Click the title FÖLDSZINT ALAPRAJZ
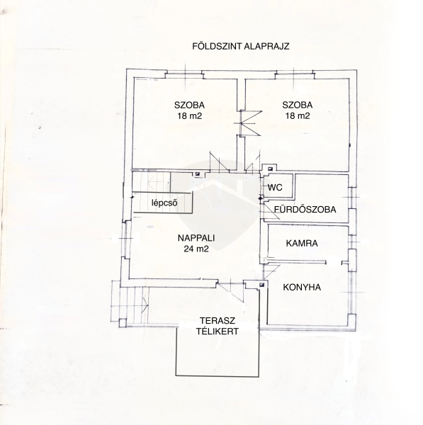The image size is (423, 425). click(241, 46)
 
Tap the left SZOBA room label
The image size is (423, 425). click(189, 105)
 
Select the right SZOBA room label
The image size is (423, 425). click(297, 105)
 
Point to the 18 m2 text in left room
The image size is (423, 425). click(190, 116)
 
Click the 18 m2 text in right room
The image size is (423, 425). click(298, 116)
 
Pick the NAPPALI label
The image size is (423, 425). click(196, 238)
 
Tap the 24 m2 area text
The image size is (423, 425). click(196, 249)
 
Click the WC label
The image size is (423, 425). click(275, 187)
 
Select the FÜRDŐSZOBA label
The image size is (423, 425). click(305, 209)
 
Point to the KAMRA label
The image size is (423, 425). click(302, 243)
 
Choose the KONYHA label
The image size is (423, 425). click(302, 288)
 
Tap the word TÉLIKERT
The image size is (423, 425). click(218, 331)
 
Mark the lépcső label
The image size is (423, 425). click(164, 203)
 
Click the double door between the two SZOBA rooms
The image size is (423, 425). click(251, 123)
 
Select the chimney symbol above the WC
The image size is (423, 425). click(270, 169)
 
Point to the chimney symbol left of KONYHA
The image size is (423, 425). click(261, 284)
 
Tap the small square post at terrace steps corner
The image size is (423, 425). click(123, 323)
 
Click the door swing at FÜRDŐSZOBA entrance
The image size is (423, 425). click(272, 210)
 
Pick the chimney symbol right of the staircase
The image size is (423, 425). click(198, 174)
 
